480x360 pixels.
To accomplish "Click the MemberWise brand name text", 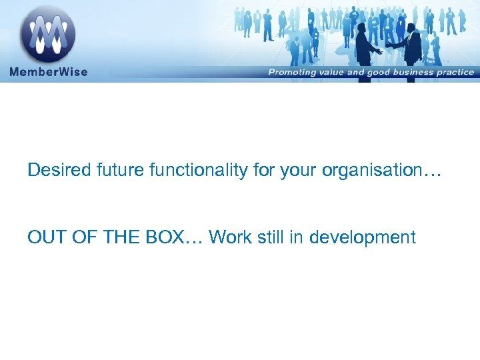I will coord(48,71).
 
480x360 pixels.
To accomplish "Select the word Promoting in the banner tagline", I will coord(293,72).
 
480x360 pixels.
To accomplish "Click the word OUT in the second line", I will coord(46,237).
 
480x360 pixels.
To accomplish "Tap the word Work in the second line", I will coord(227,237).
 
